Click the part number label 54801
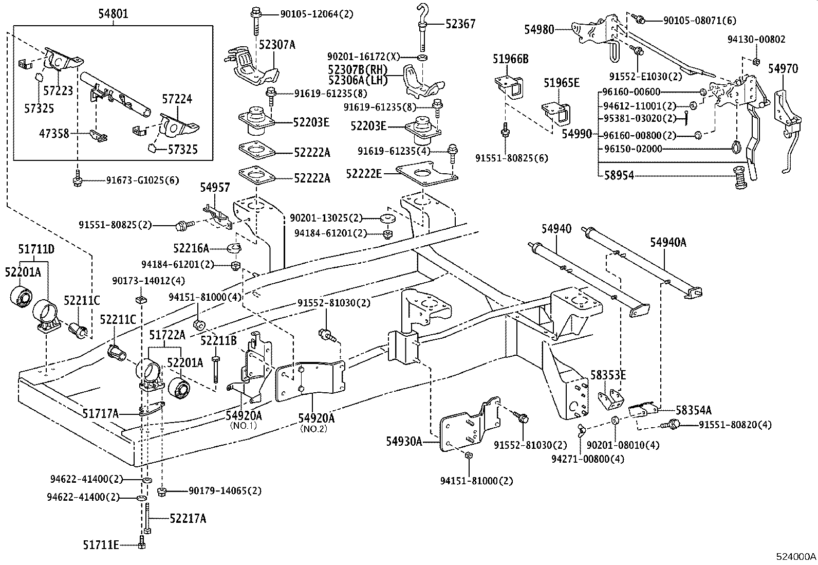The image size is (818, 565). [114, 14]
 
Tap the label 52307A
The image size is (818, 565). [277, 45]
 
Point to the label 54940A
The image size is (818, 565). [668, 242]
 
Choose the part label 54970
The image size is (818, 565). [783, 68]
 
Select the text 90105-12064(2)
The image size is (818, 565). [317, 14]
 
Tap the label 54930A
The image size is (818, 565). [404, 441]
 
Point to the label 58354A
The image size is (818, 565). [694, 410]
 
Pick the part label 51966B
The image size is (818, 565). [510, 59]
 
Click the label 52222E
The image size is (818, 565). [364, 174]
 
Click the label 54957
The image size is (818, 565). [215, 189]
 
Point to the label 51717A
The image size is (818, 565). [101, 413]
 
